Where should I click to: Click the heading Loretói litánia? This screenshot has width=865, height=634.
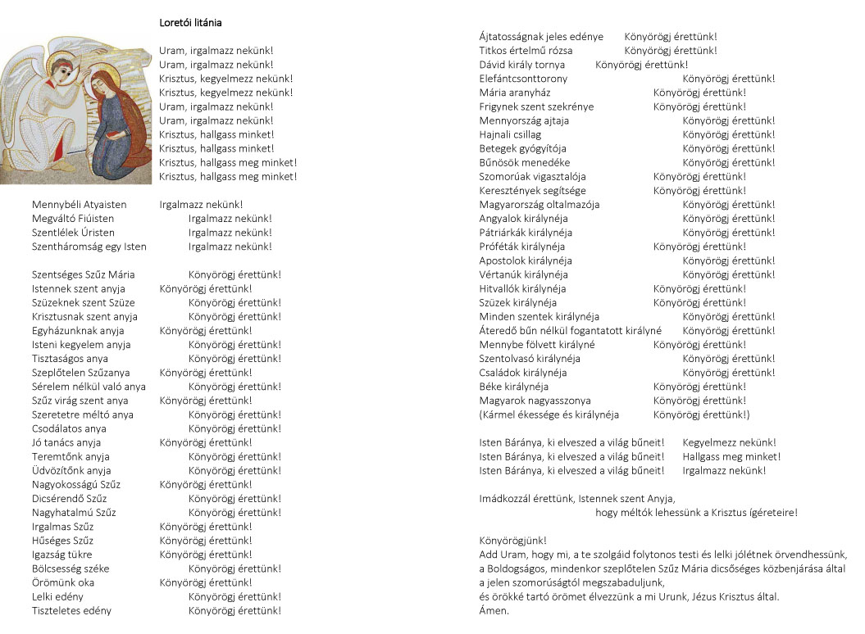coord(190,23)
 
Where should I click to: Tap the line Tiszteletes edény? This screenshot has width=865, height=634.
coord(71,610)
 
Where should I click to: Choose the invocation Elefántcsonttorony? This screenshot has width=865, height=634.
coord(523,79)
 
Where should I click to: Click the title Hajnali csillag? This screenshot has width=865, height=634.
coord(510,134)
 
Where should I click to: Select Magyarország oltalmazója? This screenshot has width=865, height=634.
coord(539,205)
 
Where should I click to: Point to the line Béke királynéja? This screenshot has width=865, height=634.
coord(514,387)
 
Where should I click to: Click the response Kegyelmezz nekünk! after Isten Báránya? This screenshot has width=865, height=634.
coord(729,442)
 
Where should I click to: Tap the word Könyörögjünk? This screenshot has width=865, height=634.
coord(512,540)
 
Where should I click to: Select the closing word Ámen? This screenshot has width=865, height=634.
coord(494,610)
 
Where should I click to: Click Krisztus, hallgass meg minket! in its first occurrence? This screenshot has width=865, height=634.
coord(228,162)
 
